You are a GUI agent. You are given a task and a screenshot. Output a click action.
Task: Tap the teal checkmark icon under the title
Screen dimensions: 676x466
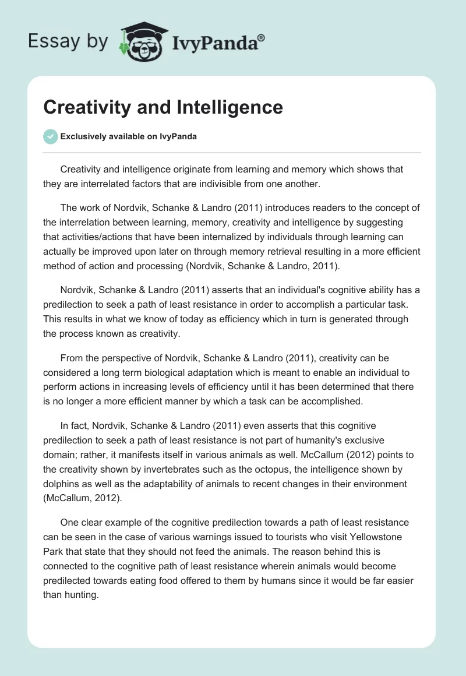point(50,136)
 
